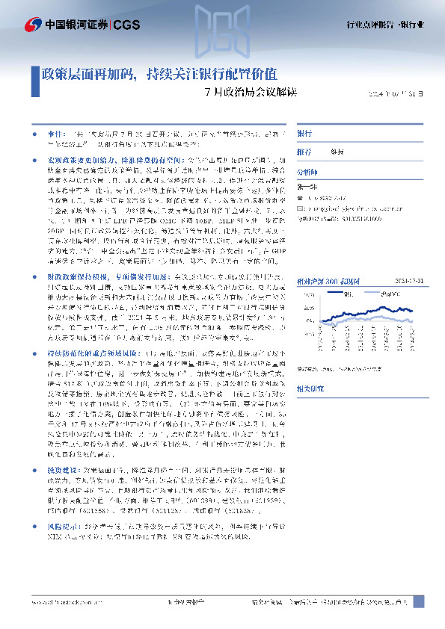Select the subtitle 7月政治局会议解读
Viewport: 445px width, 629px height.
[x=251, y=93]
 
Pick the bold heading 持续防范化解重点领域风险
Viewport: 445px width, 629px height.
[x=86, y=351]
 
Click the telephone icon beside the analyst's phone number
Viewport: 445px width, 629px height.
[x=301, y=198]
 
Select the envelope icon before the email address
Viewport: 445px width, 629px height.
[x=301, y=210]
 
